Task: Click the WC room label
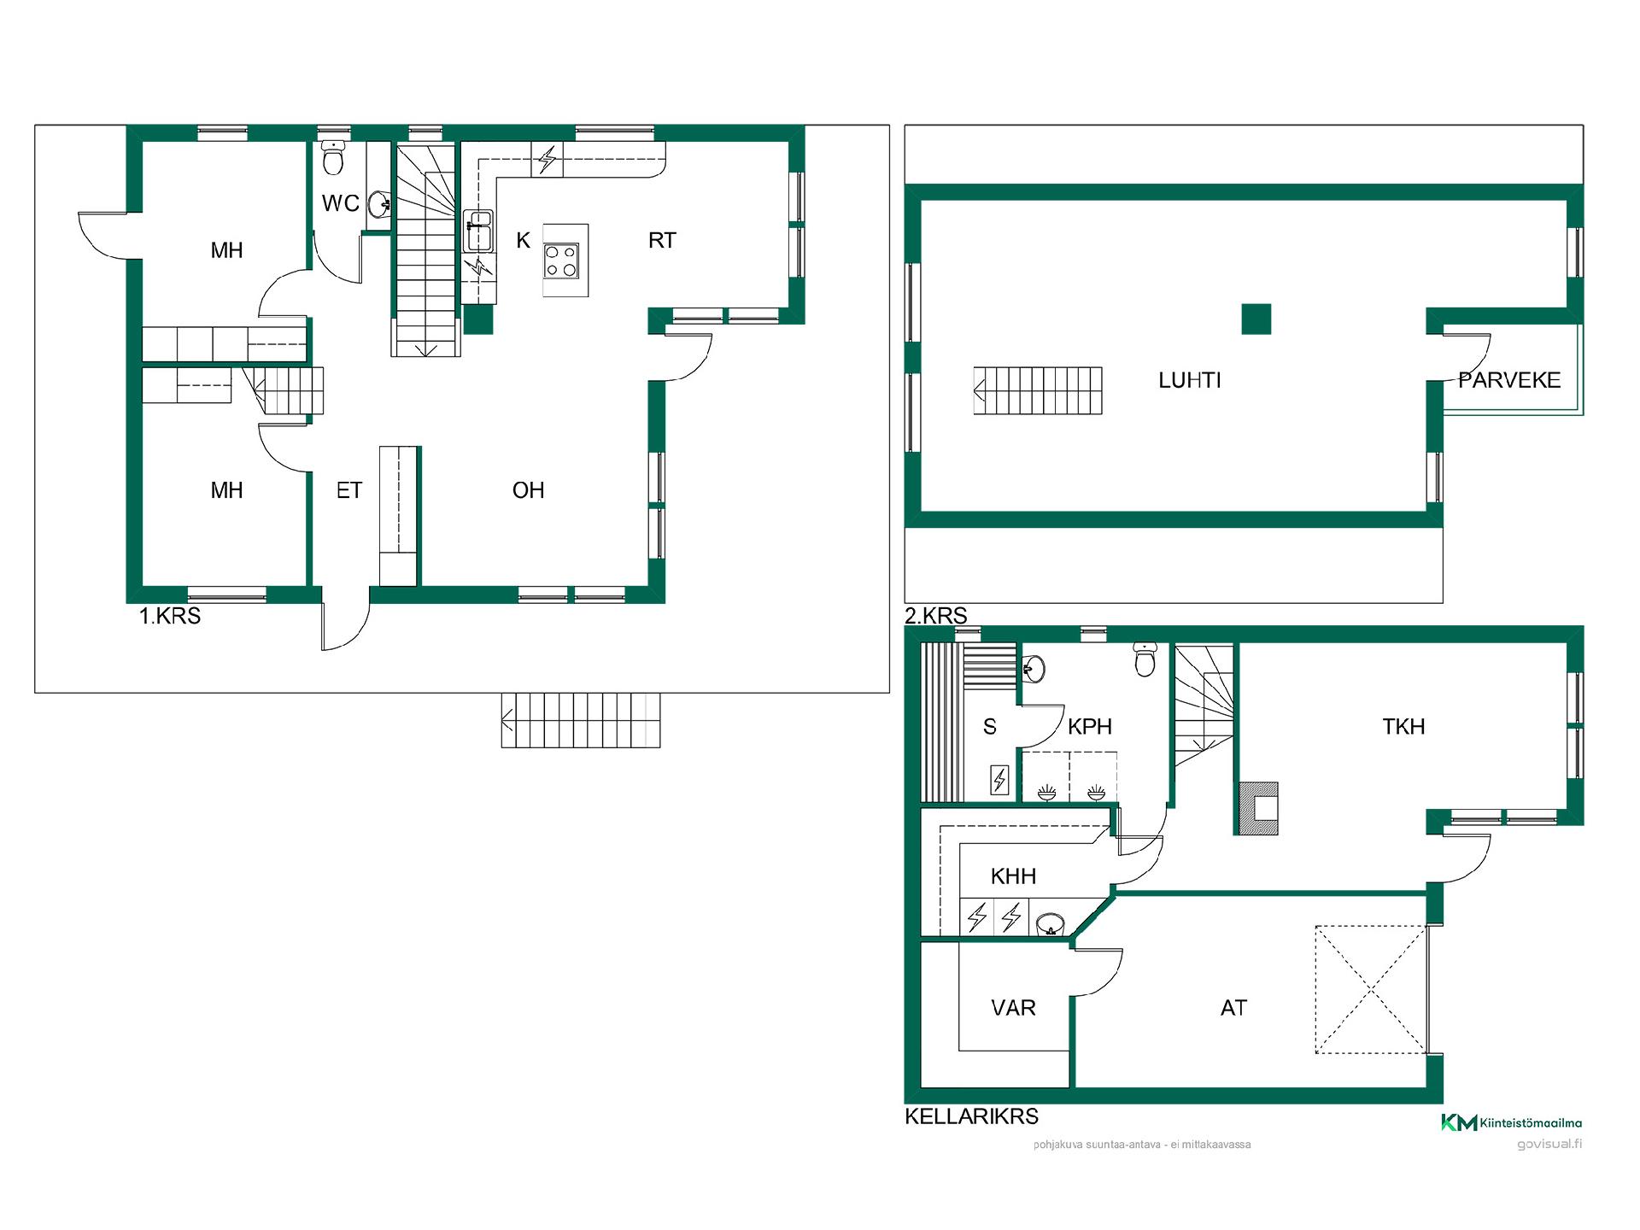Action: tap(340, 203)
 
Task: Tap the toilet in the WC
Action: tap(333, 157)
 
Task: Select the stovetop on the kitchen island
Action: tap(562, 261)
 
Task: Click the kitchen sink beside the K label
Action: tap(478, 231)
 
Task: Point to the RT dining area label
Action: tap(662, 241)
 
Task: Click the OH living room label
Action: tap(528, 490)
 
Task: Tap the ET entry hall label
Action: tap(349, 490)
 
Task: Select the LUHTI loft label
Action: tap(1190, 381)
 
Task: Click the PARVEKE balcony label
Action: tap(1509, 381)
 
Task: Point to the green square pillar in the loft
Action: tap(1256, 319)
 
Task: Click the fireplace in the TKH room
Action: tap(1257, 808)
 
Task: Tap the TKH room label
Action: tap(1403, 727)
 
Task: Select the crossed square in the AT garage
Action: tap(1371, 989)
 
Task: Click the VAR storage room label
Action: tap(1013, 1008)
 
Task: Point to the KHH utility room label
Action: tap(1013, 876)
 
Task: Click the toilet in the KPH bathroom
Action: tap(1145, 659)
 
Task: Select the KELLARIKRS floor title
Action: tap(972, 1116)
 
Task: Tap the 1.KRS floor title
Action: tap(170, 617)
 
